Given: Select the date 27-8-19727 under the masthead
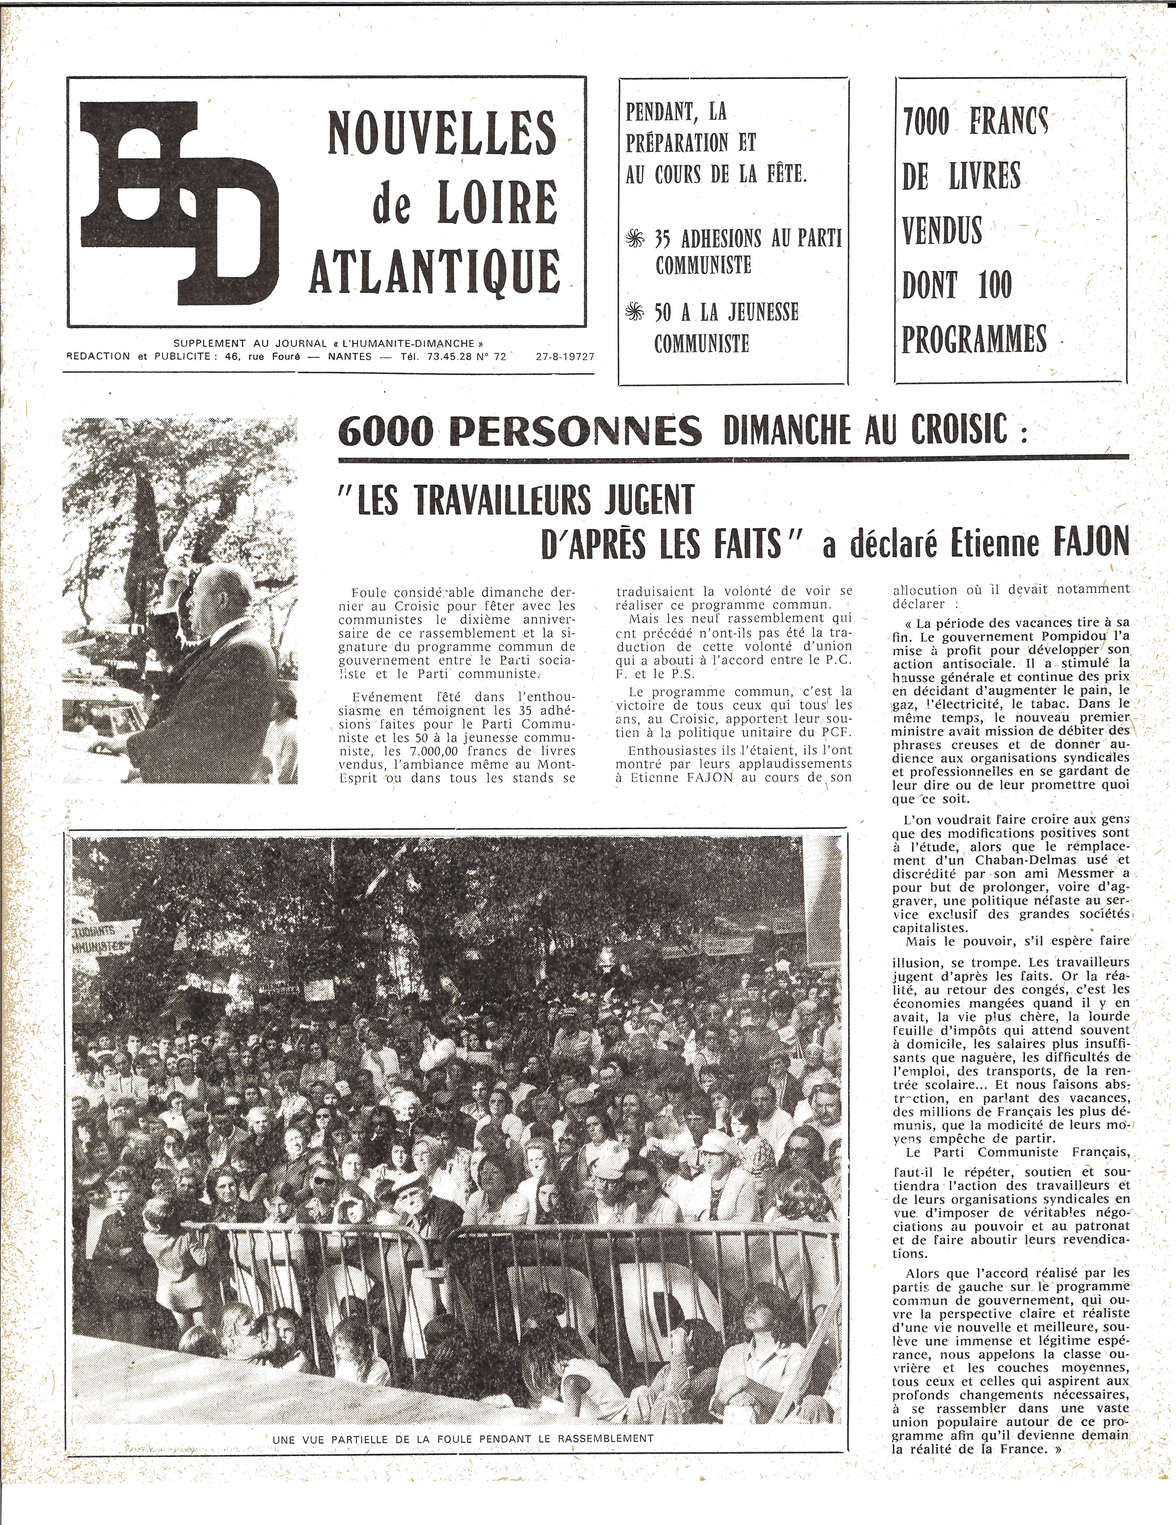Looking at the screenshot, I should pyautogui.click(x=565, y=356).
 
